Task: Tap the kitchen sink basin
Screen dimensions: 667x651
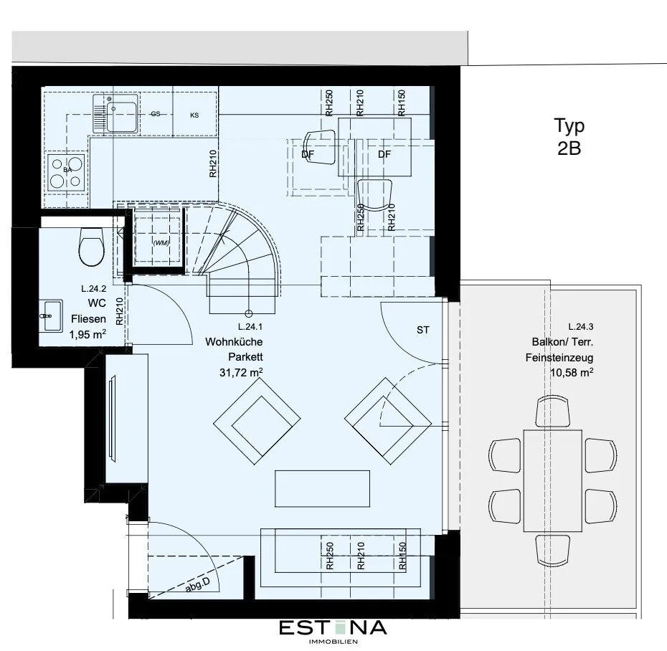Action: (x=121, y=113)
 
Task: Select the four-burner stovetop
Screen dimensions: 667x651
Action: (x=67, y=172)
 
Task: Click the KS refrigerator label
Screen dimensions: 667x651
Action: (x=194, y=115)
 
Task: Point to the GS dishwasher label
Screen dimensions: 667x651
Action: (x=156, y=113)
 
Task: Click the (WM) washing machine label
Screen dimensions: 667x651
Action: (x=161, y=243)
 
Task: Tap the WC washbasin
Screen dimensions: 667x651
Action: (x=51, y=315)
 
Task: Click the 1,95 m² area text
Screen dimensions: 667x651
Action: (x=87, y=334)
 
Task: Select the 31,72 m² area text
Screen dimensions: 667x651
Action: (x=241, y=373)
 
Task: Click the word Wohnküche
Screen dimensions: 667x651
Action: (x=234, y=342)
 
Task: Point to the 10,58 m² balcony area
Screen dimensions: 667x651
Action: (x=572, y=373)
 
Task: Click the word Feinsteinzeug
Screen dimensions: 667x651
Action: (x=559, y=358)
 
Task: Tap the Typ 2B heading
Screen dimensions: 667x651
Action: (x=569, y=136)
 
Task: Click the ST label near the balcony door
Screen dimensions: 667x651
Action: (x=423, y=330)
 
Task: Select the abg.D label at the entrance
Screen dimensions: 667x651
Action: (x=198, y=586)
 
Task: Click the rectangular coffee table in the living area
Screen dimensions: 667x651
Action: (x=323, y=488)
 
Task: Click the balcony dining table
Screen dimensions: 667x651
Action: (x=552, y=480)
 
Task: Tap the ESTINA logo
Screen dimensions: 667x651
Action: (x=333, y=631)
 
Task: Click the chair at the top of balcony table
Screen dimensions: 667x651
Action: (x=552, y=411)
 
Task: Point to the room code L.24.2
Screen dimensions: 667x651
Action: (x=93, y=289)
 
